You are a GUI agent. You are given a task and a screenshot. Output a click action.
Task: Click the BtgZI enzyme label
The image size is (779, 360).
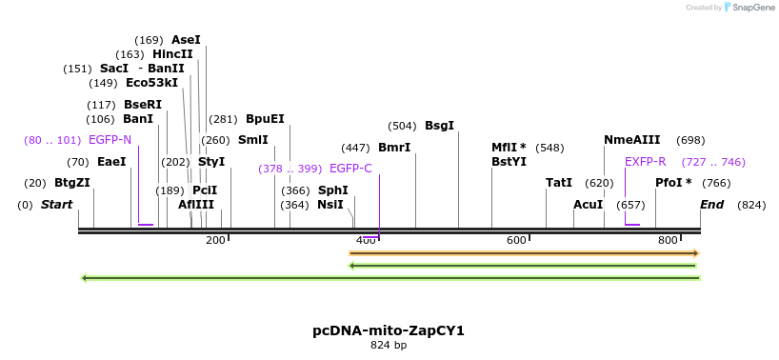[x=71, y=183]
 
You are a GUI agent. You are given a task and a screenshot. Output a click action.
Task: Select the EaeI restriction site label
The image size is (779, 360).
[x=111, y=162]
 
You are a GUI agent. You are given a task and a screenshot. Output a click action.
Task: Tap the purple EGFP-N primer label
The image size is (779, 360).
[x=110, y=140]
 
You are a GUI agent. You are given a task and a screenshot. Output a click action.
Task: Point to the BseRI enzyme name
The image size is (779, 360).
[x=143, y=105]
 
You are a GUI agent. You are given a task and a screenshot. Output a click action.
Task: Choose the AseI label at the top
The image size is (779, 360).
[x=186, y=40]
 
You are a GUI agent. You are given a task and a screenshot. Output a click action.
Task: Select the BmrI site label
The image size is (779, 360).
[x=394, y=148]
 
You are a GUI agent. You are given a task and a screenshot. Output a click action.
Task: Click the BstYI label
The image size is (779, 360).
[x=509, y=162]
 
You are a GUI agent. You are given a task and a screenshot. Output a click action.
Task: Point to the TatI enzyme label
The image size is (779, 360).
[x=559, y=183]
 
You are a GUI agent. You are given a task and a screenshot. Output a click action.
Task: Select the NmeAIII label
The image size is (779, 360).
[x=631, y=140]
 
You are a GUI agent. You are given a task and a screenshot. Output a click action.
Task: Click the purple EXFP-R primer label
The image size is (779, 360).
[x=646, y=162]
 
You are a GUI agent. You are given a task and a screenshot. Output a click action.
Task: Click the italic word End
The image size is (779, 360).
[x=711, y=205]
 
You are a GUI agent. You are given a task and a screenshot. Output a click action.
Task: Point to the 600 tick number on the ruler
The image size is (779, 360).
[x=516, y=240]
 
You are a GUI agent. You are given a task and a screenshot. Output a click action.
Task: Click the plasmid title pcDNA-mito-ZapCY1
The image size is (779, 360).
[x=389, y=330]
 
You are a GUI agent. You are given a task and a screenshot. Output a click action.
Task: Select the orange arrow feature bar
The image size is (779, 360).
[x=524, y=252]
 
